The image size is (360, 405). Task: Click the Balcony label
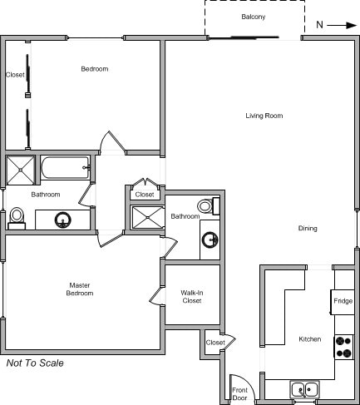point(254,17)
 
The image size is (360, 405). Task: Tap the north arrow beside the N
point(342,26)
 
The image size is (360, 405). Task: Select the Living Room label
point(264,116)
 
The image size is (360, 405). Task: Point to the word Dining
point(308,228)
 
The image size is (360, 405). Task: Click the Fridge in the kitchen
point(343,302)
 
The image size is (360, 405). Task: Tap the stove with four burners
point(344,347)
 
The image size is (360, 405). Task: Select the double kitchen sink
point(304,389)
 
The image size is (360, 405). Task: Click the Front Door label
point(239,394)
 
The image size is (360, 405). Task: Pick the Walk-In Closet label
point(192,297)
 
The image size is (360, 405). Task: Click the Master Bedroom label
point(80,289)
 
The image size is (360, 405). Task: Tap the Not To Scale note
point(35,363)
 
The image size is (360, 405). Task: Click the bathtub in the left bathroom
point(66,167)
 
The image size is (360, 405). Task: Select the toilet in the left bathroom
point(17,219)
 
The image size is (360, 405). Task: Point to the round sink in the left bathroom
point(63,220)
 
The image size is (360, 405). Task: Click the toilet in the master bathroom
point(209,206)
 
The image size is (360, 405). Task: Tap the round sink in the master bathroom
point(210,240)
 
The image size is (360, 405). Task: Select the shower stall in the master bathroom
point(148,217)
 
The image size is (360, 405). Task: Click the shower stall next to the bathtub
point(21,170)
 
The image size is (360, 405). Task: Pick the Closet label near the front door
point(215,343)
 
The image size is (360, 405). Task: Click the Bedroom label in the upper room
point(95,69)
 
